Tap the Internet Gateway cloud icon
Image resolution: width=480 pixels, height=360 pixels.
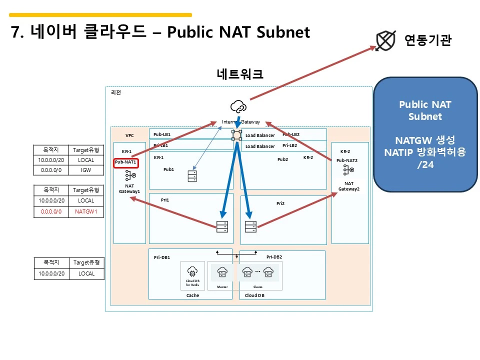pos(238,106)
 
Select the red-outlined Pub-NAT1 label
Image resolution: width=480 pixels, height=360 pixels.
pos(125,162)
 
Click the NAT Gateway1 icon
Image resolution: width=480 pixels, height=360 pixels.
pos(130,175)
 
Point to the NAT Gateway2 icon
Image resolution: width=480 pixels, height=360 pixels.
pos(348,170)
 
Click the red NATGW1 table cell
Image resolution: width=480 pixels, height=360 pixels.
pos(86,211)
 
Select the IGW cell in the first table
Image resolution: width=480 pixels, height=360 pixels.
pos(86,170)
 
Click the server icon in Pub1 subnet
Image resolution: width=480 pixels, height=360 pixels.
pos(192,176)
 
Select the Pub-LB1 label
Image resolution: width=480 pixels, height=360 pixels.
pos(162,134)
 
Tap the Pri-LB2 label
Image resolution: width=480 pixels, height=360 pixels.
pos(290,145)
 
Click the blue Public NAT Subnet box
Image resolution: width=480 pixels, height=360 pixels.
pos(425,134)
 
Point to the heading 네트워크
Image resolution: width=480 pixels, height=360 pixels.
pos(240,74)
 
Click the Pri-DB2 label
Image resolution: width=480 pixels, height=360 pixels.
pos(274,257)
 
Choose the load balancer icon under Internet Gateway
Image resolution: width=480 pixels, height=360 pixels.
pos(236,135)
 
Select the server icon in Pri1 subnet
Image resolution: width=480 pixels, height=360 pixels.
pos(222,226)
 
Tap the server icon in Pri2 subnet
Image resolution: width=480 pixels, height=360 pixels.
pos(250,226)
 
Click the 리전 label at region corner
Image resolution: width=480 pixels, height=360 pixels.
pos(115,92)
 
